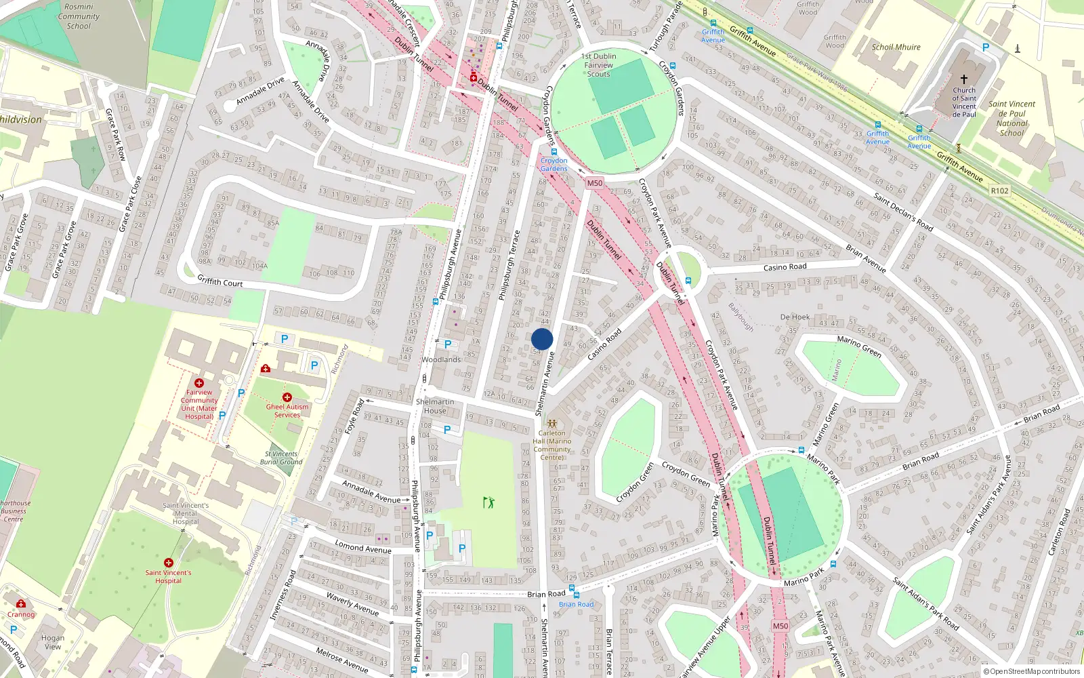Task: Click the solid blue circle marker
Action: pos(542,339)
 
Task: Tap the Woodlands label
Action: pos(441,359)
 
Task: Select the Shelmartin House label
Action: pos(435,406)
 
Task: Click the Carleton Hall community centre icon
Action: pos(552,423)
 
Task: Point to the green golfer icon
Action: pos(488,502)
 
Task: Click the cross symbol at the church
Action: pos(964,79)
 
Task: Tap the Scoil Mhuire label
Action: pos(896,47)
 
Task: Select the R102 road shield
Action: pos(1000,191)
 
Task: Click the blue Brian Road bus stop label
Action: pos(576,604)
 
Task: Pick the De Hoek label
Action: pos(795,317)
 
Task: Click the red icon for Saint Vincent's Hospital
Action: pos(169,563)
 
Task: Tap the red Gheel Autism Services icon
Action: pos(287,397)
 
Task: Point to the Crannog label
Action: pos(20,614)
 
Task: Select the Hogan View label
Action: pos(53,642)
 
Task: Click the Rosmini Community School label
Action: pos(79,16)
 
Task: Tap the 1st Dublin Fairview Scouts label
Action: pos(599,65)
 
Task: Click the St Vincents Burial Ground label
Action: pos(281,458)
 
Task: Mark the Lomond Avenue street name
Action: pos(363,547)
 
